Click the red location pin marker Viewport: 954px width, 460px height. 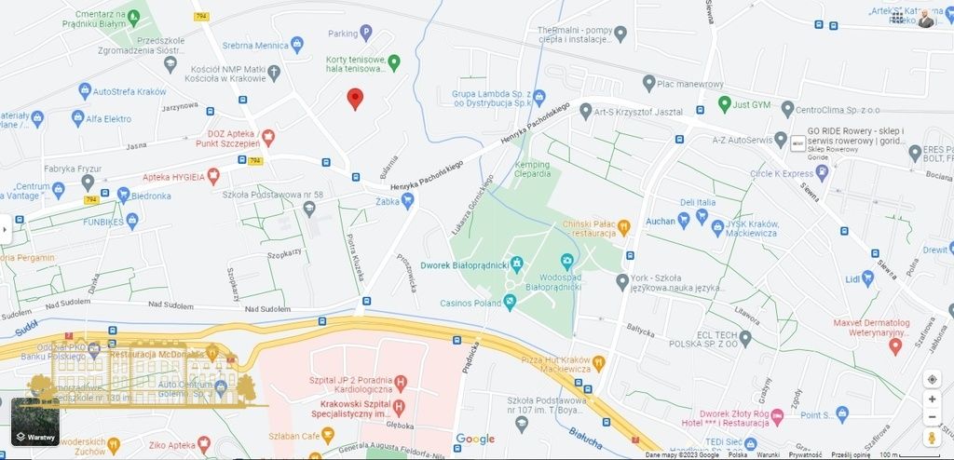[x=355, y=98]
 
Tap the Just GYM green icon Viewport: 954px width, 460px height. [x=724, y=102]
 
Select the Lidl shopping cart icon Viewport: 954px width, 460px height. [x=868, y=277]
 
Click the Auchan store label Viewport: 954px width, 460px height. [x=660, y=221]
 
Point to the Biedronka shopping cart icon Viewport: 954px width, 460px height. [x=123, y=195]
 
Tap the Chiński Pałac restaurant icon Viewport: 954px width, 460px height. [x=624, y=226]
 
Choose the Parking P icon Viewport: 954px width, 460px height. [x=366, y=34]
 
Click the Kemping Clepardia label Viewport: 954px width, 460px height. [x=532, y=169]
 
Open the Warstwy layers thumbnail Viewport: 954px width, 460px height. [x=35, y=422]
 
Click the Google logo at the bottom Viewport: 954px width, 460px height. [x=475, y=439]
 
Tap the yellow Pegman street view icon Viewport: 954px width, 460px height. [x=932, y=438]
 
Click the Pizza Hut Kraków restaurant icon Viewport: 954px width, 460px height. [x=598, y=362]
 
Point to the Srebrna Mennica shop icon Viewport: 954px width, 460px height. [x=297, y=45]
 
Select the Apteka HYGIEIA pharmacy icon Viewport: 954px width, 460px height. [x=213, y=175]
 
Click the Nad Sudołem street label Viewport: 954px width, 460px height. [x=170, y=305]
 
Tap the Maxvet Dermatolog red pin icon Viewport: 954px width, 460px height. [x=895, y=345]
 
